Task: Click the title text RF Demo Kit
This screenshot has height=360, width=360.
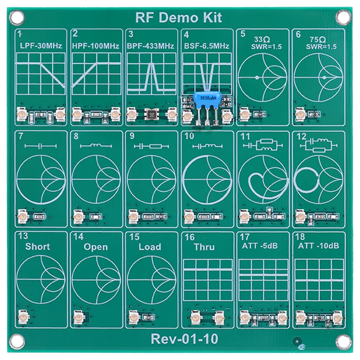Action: point(178,17)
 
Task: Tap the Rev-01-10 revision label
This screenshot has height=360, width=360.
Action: point(184,338)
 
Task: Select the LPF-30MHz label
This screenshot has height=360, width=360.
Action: point(41,46)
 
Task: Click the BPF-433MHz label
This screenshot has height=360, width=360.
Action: point(151,46)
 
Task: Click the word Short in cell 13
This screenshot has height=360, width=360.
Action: point(37,247)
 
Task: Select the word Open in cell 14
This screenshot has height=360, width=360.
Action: point(95,247)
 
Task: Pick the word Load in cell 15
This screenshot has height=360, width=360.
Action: point(150,247)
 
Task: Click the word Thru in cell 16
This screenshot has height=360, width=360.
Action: point(204,247)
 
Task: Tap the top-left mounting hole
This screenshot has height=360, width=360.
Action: point(17,17)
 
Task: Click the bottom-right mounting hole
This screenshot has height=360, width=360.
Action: point(343,342)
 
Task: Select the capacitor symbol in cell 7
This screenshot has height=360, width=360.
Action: point(41,146)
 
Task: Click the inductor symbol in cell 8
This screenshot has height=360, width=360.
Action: point(96,146)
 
